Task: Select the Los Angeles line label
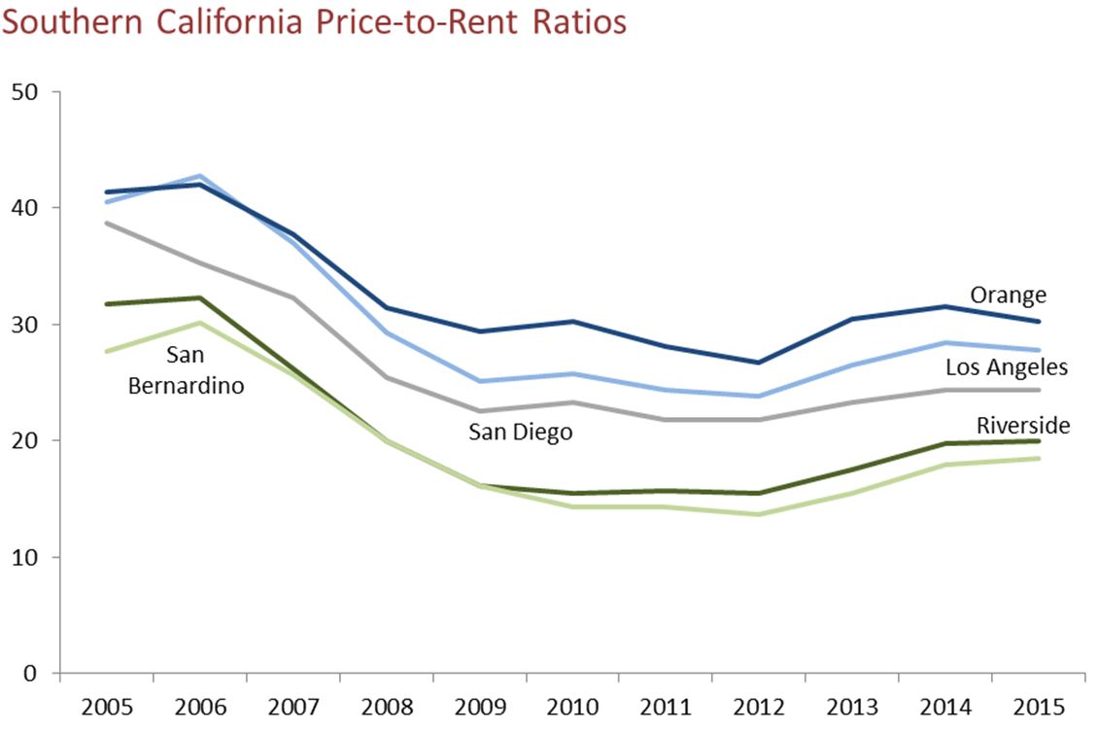pyautogui.click(x=1007, y=366)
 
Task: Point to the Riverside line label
pyautogui.click(x=1023, y=425)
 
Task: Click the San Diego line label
pyautogui.click(x=520, y=432)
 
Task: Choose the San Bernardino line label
pyautogui.click(x=185, y=370)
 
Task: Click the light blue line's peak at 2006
pyautogui.click(x=199, y=176)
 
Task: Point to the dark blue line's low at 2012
pyautogui.click(x=759, y=363)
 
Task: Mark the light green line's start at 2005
pyautogui.click(x=106, y=351)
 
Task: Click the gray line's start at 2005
pyautogui.click(x=106, y=223)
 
